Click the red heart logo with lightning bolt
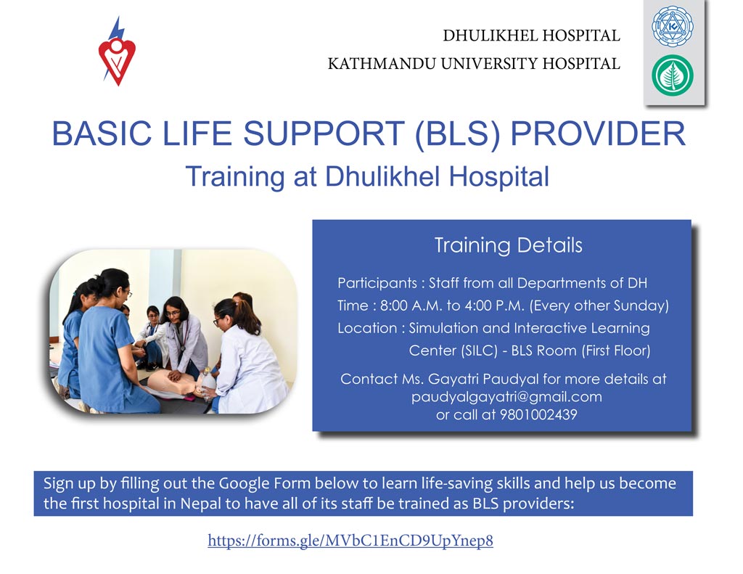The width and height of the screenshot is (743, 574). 117,52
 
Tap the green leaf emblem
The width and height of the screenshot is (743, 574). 673,75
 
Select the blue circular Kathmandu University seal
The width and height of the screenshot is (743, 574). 673,25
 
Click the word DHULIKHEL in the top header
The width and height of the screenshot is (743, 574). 490,36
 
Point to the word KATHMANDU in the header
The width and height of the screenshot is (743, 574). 382,64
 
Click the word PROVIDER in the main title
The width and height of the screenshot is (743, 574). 598,134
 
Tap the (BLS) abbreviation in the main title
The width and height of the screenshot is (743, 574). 457,134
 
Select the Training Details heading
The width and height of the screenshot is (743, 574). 509,245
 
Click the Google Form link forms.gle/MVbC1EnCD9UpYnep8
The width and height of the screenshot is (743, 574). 350,541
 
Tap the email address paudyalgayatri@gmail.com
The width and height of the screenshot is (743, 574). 506,397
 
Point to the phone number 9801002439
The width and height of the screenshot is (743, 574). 539,415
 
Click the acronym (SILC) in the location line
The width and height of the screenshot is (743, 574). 479,350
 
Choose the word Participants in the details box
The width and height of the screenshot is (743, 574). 377,284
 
